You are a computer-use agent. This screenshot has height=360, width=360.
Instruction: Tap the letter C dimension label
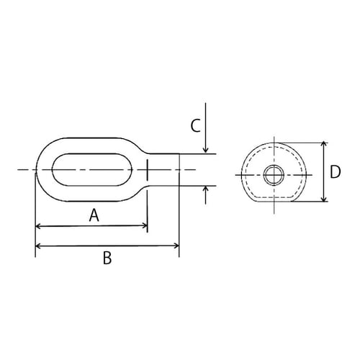(195, 126)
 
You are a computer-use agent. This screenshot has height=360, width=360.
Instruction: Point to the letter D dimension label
(335, 172)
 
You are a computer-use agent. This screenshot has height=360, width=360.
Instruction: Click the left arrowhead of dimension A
(39, 227)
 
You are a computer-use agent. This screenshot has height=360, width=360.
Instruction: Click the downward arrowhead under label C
(206, 149)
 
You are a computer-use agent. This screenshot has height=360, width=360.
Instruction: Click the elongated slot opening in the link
(92, 170)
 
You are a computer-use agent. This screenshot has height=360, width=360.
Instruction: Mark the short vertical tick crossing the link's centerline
(147, 170)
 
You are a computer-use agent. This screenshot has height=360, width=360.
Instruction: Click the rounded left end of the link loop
(40, 170)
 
